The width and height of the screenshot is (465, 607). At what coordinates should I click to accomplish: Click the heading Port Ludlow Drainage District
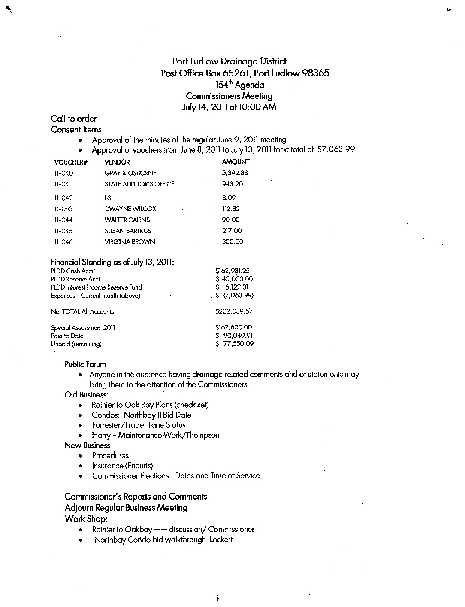click(229, 61)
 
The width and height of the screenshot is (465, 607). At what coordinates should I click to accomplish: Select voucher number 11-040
click(64, 173)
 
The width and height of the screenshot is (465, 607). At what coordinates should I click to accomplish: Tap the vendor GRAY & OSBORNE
click(130, 173)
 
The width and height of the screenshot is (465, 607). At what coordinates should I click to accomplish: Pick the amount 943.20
click(232, 184)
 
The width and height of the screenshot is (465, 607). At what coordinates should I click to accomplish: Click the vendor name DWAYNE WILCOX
click(130, 209)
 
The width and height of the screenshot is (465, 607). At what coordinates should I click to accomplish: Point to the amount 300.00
click(232, 241)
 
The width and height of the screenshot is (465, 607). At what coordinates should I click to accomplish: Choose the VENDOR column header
click(117, 162)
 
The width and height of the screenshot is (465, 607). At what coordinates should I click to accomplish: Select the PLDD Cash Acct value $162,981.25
click(232, 271)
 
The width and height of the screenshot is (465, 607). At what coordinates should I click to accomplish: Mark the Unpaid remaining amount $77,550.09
click(234, 344)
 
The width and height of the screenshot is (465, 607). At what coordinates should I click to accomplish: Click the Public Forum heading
click(85, 364)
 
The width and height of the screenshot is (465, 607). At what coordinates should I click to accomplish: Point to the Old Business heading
click(86, 394)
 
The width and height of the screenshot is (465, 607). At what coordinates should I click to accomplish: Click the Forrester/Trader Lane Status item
click(139, 425)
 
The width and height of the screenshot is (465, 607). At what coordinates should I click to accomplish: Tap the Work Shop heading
click(86, 519)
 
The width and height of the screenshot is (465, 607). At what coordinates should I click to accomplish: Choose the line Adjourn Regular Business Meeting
click(126, 508)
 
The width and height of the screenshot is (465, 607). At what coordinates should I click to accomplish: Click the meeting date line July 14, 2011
click(229, 107)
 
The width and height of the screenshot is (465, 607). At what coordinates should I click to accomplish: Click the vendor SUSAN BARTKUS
click(128, 231)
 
